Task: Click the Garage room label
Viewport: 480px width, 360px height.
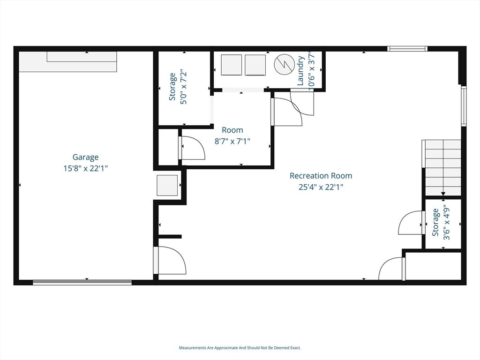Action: pyautogui.click(x=85, y=157)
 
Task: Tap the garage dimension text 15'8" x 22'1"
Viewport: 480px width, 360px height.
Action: pyautogui.click(x=85, y=168)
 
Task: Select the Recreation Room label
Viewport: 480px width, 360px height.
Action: pyautogui.click(x=321, y=176)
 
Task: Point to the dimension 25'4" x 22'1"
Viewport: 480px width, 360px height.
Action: pyautogui.click(x=321, y=187)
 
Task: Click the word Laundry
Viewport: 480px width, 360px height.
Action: pyautogui.click(x=300, y=70)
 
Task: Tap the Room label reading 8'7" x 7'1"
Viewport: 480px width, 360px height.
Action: pyautogui.click(x=232, y=141)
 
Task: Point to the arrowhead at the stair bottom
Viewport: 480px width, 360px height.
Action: pyautogui.click(x=442, y=194)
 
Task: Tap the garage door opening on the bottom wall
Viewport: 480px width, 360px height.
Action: pyautogui.click(x=82, y=283)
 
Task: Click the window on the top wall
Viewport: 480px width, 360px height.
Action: pyautogui.click(x=407, y=48)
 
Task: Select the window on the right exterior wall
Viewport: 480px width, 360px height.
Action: pyautogui.click(x=464, y=106)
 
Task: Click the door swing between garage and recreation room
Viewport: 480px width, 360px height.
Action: pyautogui.click(x=170, y=260)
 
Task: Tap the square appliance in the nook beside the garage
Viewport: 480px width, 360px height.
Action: pyautogui.click(x=167, y=185)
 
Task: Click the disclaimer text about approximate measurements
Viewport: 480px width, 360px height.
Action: pyautogui.click(x=240, y=348)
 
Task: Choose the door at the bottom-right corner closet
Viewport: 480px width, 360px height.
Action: pyautogui.click(x=392, y=269)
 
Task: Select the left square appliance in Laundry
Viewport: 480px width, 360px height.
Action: pyautogui.click(x=232, y=65)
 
